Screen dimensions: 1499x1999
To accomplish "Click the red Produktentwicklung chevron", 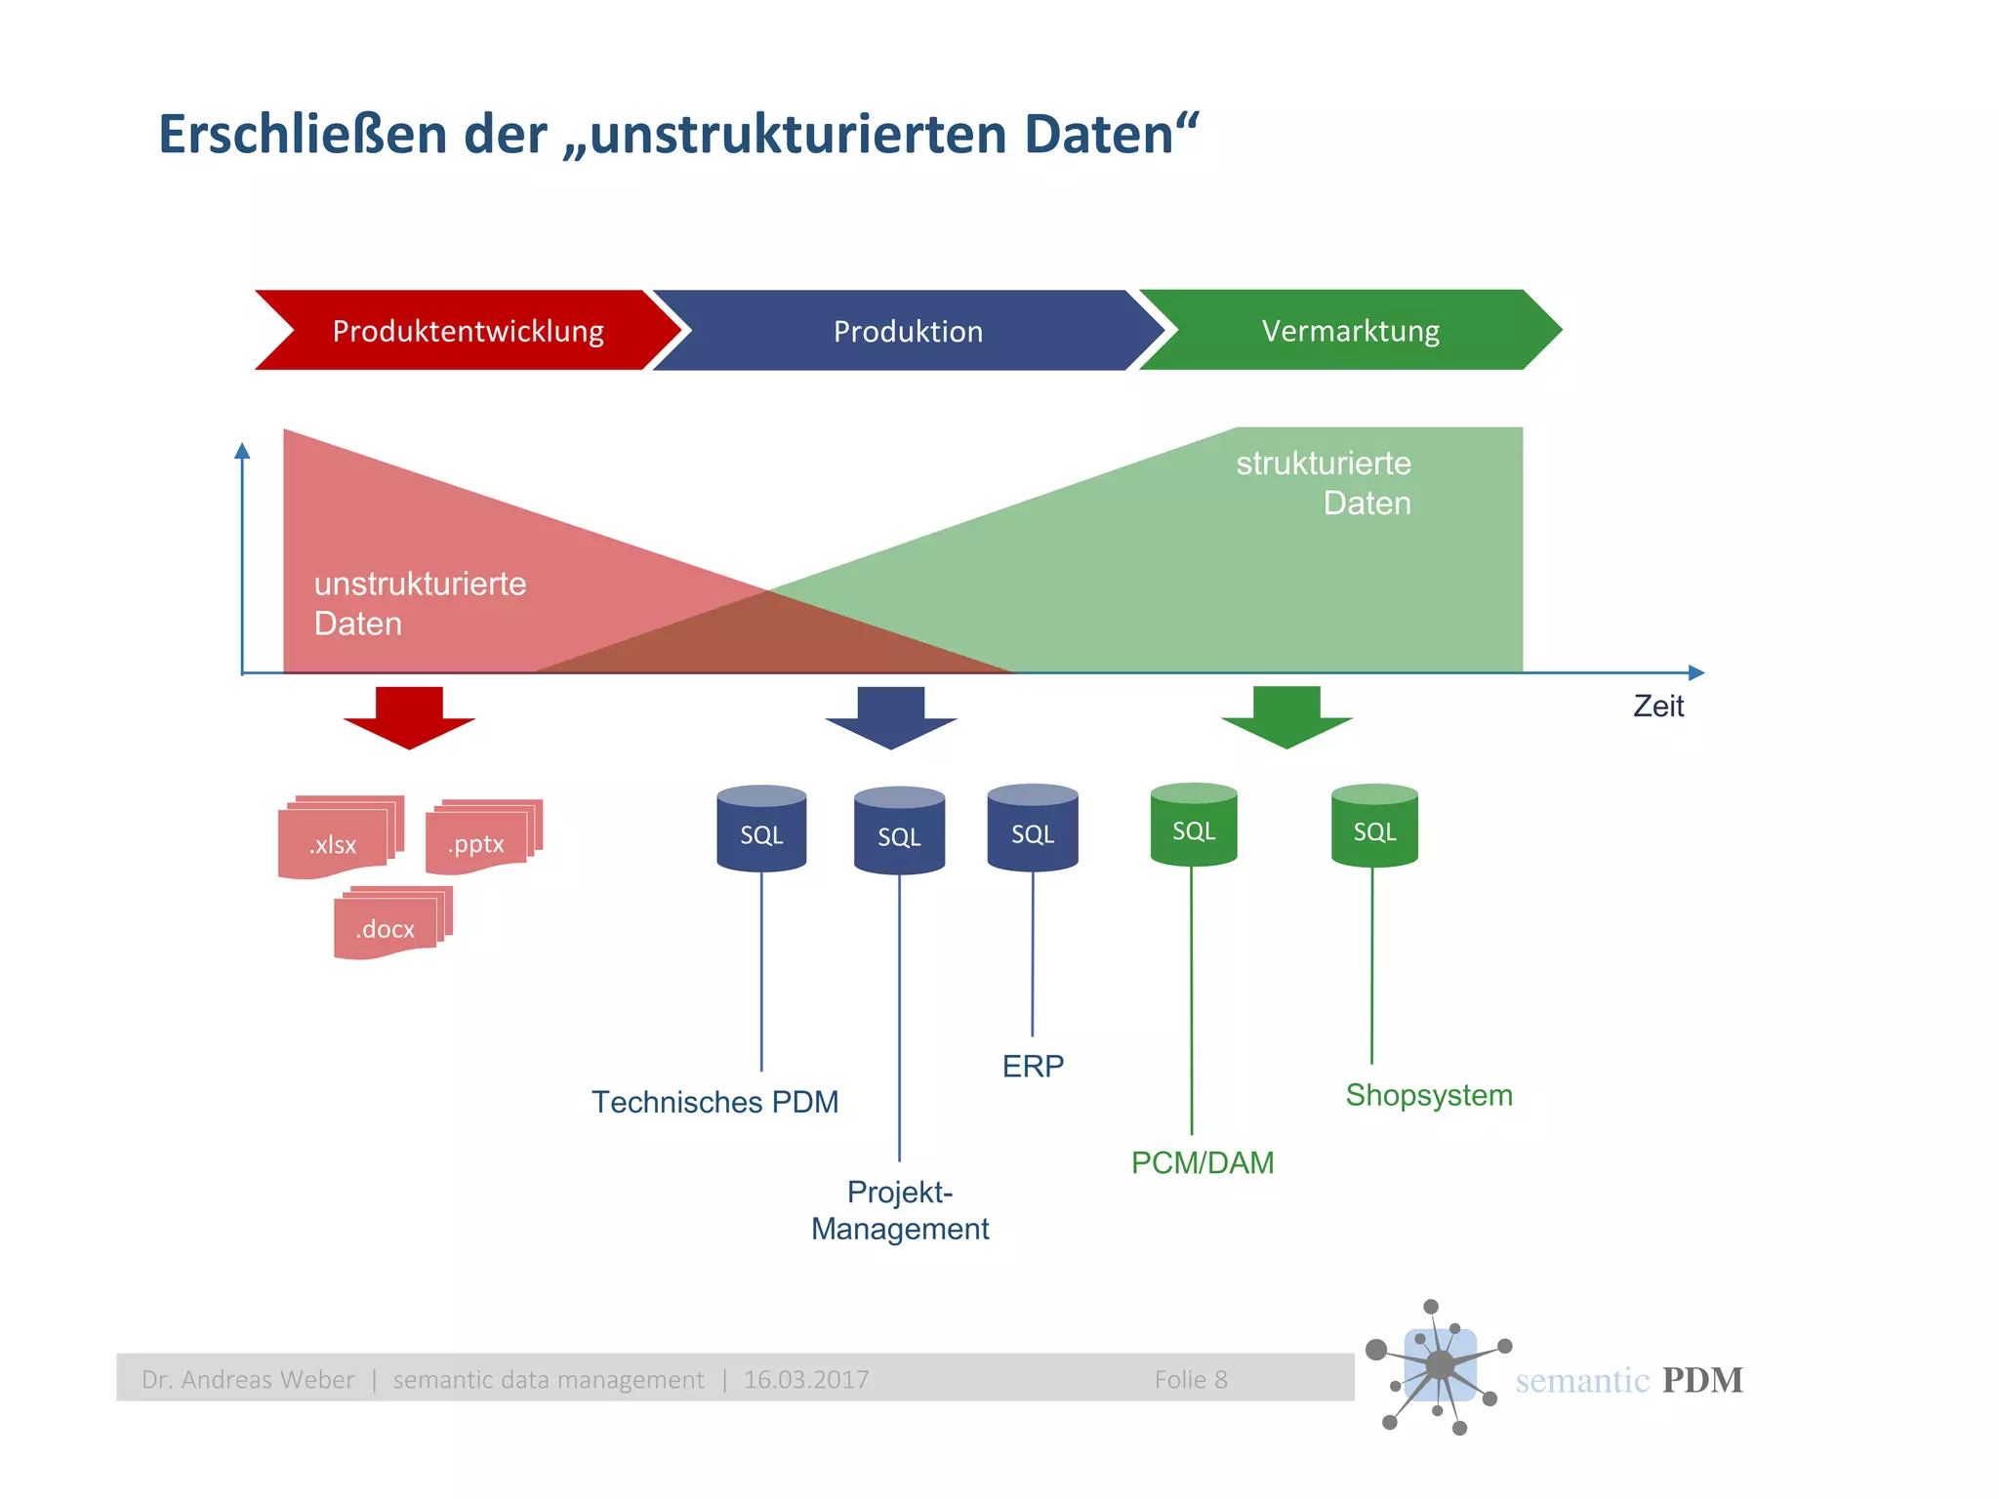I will tap(468, 331).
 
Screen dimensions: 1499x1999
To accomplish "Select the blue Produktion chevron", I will tap(908, 331).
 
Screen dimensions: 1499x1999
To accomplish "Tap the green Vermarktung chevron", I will tap(1350, 331).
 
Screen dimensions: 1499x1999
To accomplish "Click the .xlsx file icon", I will tap(337, 840).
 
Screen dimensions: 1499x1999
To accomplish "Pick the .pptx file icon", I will tap(480, 839).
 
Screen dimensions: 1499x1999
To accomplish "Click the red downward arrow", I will tap(409, 715).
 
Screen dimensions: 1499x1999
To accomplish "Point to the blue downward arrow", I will tap(890, 715).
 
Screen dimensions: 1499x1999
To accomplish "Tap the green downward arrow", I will tap(1286, 715).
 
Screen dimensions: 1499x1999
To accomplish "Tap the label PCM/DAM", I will tap(1203, 1163).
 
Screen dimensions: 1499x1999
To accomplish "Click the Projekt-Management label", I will tap(900, 1210).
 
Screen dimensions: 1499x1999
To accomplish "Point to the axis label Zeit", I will tap(1658, 707).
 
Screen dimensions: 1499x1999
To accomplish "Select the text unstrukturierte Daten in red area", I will tap(420, 603).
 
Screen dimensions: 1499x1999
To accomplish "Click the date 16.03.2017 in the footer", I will tap(806, 1380).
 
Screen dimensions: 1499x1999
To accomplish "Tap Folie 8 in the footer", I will tap(1191, 1380).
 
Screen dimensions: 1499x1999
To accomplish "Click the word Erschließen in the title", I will tap(304, 135).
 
